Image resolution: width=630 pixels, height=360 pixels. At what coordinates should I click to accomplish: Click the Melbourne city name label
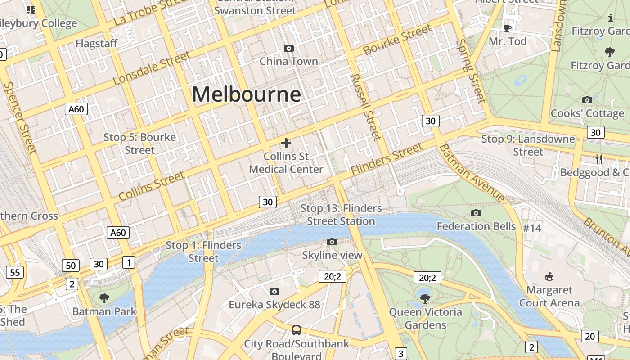coord(246,94)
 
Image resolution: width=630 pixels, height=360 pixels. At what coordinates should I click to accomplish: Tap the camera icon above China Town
coord(289,48)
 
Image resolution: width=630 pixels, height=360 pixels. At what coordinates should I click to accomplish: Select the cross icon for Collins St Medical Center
coord(286,143)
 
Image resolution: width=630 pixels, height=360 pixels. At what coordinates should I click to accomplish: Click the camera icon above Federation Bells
coord(476,213)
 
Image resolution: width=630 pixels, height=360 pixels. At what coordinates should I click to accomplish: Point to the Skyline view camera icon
coord(332,242)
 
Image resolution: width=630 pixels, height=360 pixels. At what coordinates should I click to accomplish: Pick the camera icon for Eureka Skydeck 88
coord(274,292)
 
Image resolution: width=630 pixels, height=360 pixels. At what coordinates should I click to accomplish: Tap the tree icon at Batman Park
coord(104,298)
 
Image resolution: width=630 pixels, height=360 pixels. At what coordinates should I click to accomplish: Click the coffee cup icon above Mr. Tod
coord(508,28)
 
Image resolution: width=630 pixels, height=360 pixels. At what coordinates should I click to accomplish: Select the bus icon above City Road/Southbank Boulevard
coord(297,330)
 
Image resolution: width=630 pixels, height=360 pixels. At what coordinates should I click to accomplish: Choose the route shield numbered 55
coord(15,272)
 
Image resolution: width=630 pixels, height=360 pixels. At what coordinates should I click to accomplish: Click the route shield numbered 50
coord(71,265)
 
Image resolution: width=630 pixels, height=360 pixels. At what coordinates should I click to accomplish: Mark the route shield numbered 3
coord(400,353)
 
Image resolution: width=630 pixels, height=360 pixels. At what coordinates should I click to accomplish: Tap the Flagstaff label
coord(96,44)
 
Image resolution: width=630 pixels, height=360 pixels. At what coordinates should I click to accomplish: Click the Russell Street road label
coord(365,107)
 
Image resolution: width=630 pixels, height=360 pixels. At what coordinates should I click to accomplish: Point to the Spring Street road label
coord(471,71)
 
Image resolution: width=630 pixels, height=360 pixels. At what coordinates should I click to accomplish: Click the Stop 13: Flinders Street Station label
coord(341,215)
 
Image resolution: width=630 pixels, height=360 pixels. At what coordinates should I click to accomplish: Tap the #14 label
coord(532,228)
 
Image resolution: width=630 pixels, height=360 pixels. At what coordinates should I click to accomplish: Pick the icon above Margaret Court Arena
coord(549,276)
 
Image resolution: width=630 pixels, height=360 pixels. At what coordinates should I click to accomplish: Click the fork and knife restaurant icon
coord(599,159)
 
